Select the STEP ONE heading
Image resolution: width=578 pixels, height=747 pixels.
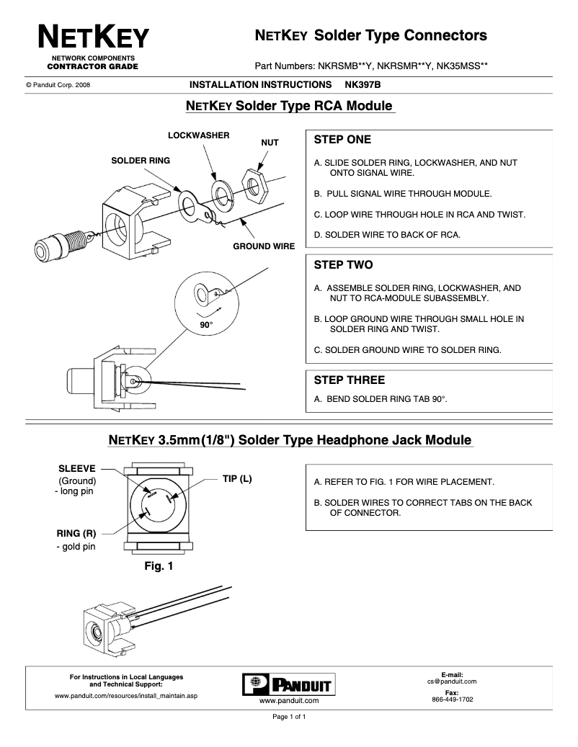pos(342,140)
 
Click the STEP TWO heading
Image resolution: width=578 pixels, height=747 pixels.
pos(343,265)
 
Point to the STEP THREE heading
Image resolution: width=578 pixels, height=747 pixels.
pos(350,380)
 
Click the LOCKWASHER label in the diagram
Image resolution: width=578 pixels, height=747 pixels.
pos(198,135)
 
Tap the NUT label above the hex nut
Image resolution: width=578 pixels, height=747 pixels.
pos(270,143)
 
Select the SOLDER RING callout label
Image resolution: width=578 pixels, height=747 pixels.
pos(141,161)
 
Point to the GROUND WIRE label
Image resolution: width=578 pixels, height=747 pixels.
pos(263,246)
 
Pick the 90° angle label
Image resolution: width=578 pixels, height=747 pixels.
pos(206,325)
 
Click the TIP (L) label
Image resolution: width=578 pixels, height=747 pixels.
pos(236,479)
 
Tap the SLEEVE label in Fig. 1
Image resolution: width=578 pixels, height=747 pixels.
pos(76,468)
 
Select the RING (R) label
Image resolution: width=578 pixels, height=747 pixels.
pos(76,534)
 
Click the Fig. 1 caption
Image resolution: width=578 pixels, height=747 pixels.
pos(159,567)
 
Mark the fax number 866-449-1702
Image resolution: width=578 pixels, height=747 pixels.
pos(452,699)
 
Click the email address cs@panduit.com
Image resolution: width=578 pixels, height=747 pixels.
pos(452,681)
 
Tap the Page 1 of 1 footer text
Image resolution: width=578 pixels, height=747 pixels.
pos(288,717)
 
